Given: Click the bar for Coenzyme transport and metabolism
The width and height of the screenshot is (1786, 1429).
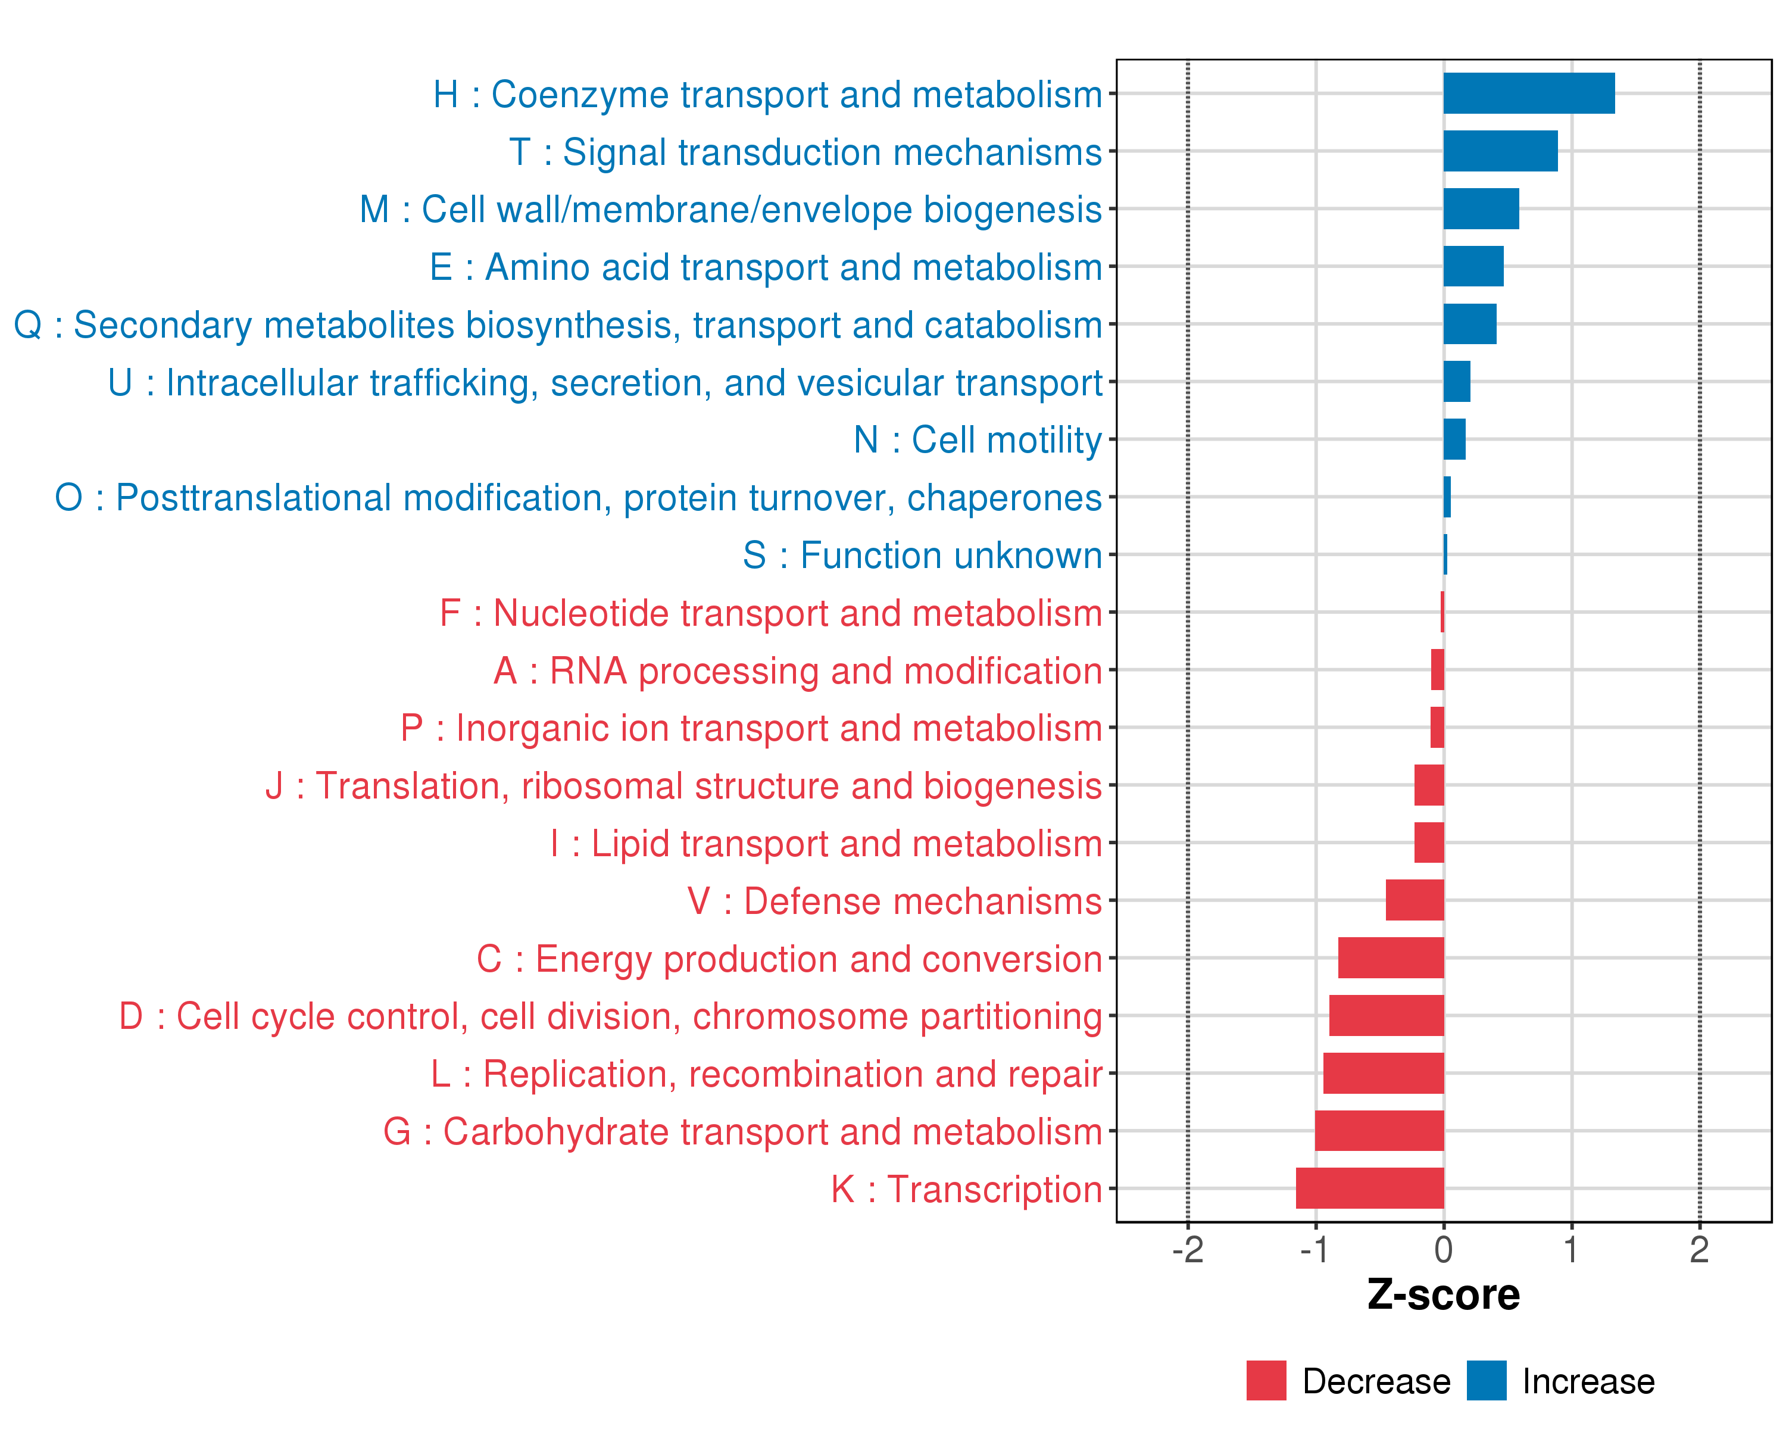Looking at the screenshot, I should click(x=1528, y=93).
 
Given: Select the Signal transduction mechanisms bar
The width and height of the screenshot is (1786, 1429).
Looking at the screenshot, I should click(x=1500, y=151).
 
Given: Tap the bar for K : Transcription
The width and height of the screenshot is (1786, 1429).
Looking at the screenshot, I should click(x=1369, y=1188).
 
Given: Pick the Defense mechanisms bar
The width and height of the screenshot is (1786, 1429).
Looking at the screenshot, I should click(x=1415, y=900).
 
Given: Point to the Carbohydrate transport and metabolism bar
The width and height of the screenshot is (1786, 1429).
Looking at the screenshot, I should click(x=1379, y=1130).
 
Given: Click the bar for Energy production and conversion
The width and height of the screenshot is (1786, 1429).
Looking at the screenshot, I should click(x=1391, y=957).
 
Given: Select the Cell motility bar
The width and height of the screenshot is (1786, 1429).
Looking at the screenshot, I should click(x=1454, y=439).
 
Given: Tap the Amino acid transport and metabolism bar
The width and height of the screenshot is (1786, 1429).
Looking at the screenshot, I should click(x=1473, y=266).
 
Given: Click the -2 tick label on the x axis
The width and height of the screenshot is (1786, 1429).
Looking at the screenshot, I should click(x=1187, y=1249).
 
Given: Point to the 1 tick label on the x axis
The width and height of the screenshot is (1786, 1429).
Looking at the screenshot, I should click(x=1570, y=1249).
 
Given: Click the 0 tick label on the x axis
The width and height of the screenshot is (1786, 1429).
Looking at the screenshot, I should click(x=1443, y=1249).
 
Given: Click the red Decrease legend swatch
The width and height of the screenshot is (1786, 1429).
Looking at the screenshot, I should click(x=1266, y=1380).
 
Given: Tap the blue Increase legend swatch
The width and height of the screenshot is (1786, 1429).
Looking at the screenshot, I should click(x=1486, y=1380).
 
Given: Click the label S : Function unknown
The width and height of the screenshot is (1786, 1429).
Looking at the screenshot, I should click(x=922, y=555).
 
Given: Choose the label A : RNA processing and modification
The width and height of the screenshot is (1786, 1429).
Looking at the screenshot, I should click(x=797, y=670).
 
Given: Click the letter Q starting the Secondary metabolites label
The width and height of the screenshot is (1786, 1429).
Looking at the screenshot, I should click(x=28, y=325).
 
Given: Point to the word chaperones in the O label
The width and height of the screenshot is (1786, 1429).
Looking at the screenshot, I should click(x=1004, y=498).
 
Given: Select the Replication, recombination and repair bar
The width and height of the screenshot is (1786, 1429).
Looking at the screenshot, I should click(x=1384, y=1073).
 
